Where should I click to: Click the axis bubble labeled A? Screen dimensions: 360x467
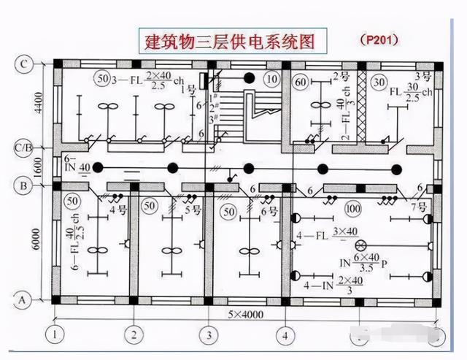23,298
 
